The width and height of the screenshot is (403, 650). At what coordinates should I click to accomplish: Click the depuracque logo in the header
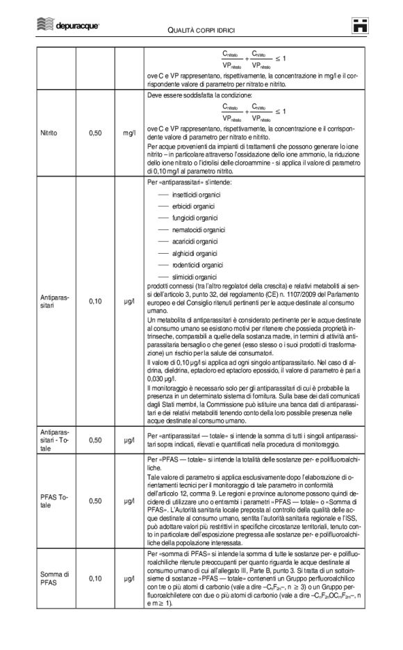[67, 26]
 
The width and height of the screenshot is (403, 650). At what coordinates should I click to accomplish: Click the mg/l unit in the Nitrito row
[129, 132]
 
